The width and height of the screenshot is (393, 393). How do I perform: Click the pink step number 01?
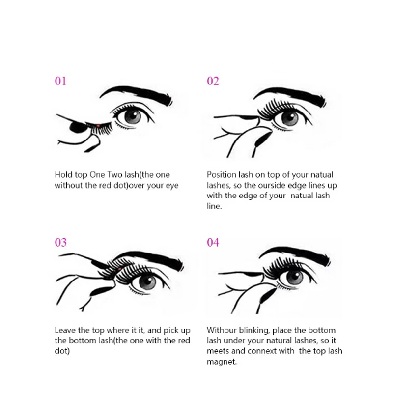click(60, 81)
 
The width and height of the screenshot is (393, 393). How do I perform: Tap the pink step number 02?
click(213, 81)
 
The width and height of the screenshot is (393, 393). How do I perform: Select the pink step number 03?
click(60, 242)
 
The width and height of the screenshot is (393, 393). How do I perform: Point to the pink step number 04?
click(213, 242)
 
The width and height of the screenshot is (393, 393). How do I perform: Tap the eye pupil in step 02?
click(290, 118)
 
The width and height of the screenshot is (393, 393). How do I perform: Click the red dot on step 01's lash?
click(98, 126)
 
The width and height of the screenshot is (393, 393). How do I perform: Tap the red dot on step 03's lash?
click(119, 269)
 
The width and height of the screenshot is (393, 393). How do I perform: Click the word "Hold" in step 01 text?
click(64, 175)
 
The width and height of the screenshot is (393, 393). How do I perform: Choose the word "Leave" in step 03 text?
click(65, 330)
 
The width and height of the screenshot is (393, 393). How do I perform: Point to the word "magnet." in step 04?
click(222, 362)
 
